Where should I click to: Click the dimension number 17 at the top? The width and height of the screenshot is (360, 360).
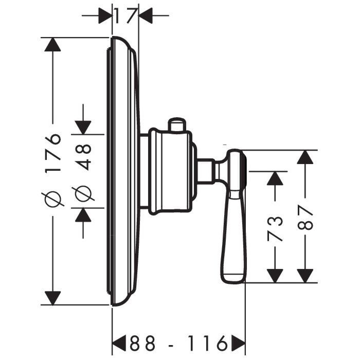tap(125, 16)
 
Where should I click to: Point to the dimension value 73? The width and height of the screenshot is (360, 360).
tap(276, 228)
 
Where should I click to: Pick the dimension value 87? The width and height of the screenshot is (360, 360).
tap(306, 219)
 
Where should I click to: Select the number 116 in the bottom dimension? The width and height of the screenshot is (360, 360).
tap(207, 342)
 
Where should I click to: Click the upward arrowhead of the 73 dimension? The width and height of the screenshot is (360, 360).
tap(276, 178)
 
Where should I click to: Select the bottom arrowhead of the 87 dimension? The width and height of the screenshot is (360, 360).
tap(306, 275)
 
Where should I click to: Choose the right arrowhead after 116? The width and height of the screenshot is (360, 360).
tap(238, 342)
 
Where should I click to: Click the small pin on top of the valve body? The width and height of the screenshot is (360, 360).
tap(176, 124)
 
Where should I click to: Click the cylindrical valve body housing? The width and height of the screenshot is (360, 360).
tap(170, 172)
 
